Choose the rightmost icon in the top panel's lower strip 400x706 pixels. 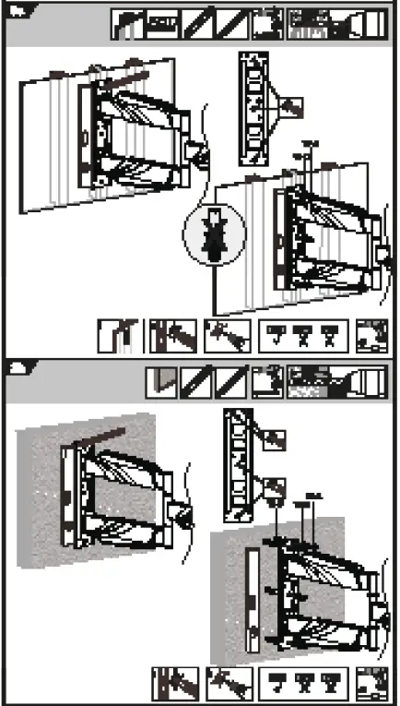pyautogui.click(x=371, y=337)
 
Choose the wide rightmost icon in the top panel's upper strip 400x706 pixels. pyautogui.click(x=335, y=25)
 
